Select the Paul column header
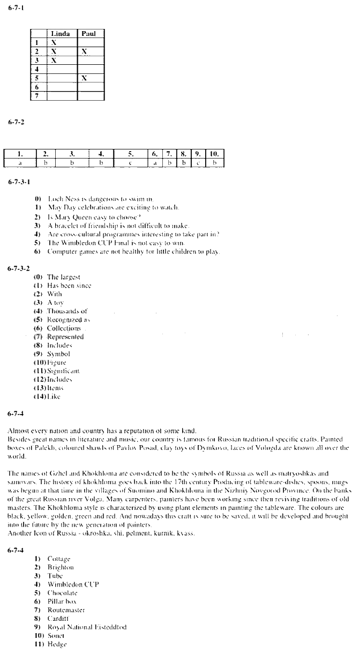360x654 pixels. click(88, 34)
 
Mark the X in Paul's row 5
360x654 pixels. click(84, 78)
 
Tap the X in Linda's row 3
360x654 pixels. click(54, 61)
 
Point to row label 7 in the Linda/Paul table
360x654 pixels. click(37, 96)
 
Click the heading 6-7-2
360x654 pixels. click(16, 122)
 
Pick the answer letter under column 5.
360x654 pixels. click(130, 161)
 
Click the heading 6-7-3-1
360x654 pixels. click(19, 182)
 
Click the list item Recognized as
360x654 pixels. click(66, 319)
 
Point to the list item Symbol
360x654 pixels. click(58, 354)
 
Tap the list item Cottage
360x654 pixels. click(58, 559)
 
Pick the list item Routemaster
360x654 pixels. click(66, 610)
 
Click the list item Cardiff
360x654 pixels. click(58, 619)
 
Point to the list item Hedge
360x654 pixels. click(56, 644)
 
